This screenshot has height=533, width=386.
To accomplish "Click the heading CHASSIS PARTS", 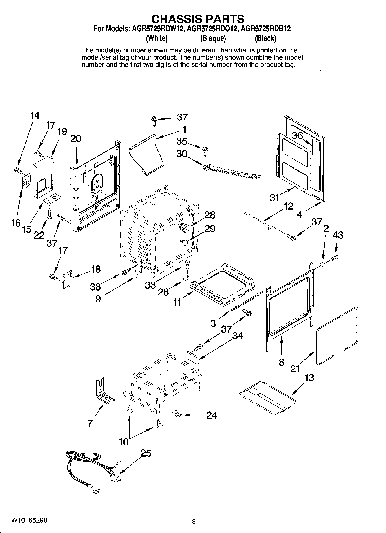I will [198, 19].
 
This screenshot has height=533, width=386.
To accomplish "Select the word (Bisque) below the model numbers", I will [213, 38].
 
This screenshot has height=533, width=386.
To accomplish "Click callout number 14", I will [35, 116].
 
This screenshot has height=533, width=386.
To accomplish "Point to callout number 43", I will [338, 236].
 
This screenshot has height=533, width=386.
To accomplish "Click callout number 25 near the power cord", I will [146, 453].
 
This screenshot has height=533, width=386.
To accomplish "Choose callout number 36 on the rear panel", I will [297, 135].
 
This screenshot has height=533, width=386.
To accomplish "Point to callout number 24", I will [211, 415].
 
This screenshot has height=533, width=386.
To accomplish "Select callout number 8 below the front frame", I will [281, 362].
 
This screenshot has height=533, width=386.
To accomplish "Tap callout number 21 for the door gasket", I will [295, 369].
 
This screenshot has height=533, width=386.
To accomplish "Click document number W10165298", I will [29, 520].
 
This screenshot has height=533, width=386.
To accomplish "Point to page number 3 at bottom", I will [194, 521].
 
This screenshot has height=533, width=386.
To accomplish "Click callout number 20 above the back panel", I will [76, 139].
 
